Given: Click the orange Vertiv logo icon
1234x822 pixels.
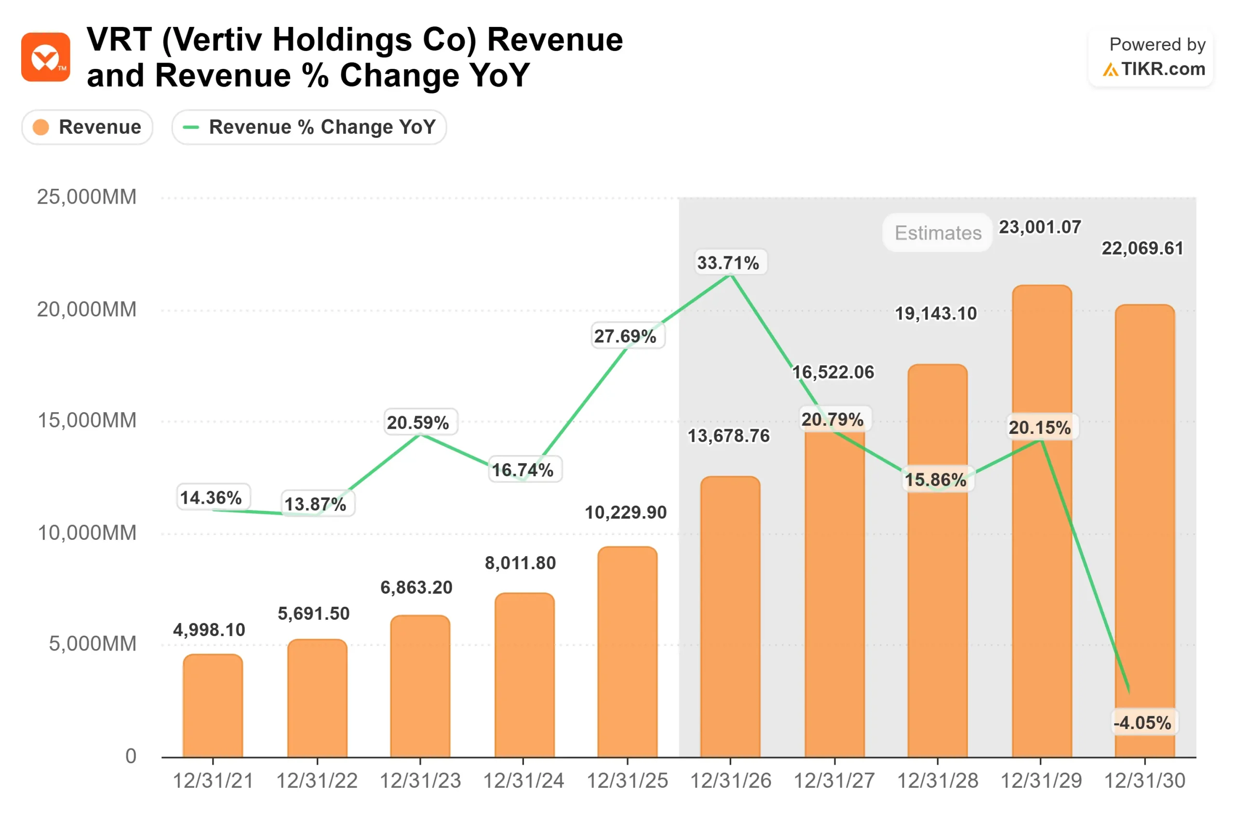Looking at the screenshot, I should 46,57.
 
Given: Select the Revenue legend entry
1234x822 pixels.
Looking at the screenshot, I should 88,127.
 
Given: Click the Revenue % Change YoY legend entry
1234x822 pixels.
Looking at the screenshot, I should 309,127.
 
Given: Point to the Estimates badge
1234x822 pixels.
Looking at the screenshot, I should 938,233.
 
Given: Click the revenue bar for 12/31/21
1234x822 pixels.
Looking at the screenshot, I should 213,706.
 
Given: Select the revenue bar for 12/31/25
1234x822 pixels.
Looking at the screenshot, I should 627,652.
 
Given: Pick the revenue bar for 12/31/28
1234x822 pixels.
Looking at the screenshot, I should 938,561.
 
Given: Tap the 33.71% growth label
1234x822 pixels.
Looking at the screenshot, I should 728,262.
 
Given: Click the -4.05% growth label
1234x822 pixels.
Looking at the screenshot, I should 1142,723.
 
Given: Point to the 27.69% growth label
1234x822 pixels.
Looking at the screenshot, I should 625,336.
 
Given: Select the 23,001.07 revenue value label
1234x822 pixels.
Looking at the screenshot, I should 1040,227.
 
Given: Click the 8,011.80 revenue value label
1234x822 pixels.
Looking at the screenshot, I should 520,563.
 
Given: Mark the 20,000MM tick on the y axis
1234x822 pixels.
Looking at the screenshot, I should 87,309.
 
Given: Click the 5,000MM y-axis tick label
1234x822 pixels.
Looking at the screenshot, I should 93,644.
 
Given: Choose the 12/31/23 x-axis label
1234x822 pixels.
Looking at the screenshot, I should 420,781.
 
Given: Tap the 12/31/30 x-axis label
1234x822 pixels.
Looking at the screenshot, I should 1145,781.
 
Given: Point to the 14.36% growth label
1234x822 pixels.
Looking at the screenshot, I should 211,497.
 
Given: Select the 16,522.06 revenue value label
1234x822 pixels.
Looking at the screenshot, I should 833,372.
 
